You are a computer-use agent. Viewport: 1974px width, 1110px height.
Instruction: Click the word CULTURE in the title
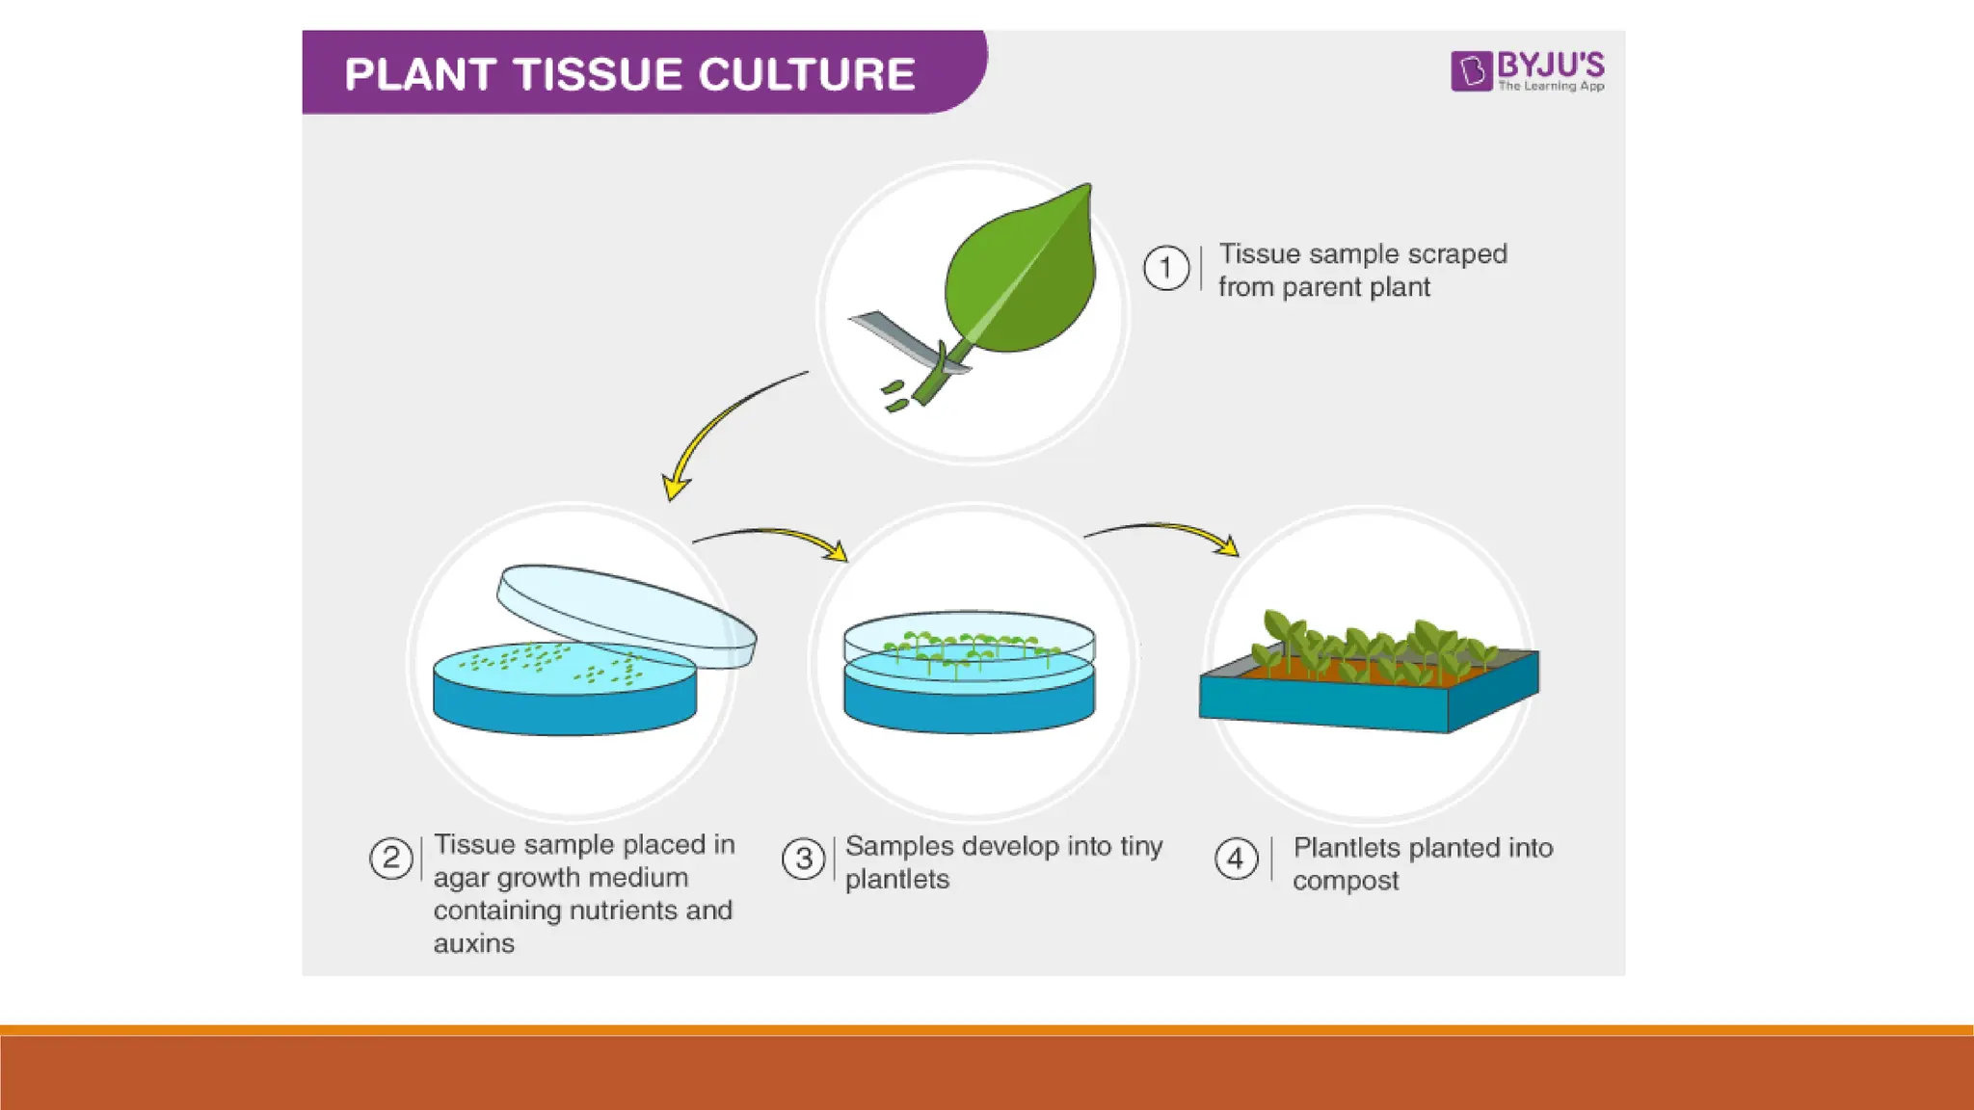pos(806,75)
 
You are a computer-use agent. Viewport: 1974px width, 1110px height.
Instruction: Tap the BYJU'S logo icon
pos(1471,71)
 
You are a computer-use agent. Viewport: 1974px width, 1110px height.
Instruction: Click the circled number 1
pos(1165,268)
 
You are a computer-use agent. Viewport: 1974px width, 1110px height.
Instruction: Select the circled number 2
pos(390,858)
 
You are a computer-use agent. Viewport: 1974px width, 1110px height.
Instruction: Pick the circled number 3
pos(803,859)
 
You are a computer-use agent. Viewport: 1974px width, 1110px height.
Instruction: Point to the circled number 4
pos(1236,859)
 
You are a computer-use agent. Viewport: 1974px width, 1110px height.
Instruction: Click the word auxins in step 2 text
pos(473,943)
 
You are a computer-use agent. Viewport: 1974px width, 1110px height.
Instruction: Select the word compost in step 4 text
pos(1345,881)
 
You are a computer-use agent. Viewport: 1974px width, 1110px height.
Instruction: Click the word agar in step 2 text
pos(462,878)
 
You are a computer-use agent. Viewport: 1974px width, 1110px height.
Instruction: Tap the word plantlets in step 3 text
pos(896,879)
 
